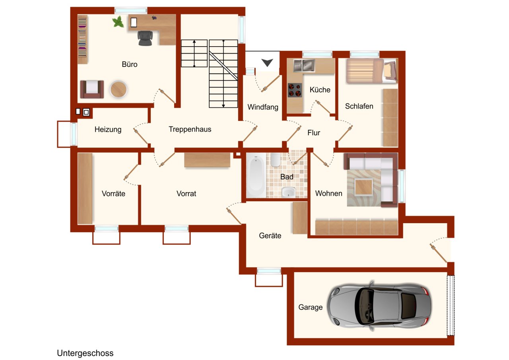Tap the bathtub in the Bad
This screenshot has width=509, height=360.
(256, 175)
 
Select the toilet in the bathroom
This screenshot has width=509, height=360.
(276, 160)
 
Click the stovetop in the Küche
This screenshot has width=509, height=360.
(295, 90)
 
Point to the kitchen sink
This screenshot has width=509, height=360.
(304, 66)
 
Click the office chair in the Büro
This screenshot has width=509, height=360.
(145, 38)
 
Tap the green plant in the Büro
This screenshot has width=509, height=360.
(118, 22)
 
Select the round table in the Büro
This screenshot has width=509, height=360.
(119, 90)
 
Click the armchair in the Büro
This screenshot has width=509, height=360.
(92, 90)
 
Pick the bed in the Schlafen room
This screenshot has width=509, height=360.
(372, 71)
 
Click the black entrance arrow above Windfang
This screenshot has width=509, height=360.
(267, 62)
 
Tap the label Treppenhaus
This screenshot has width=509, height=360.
(190, 129)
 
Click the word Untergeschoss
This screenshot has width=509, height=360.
(85, 353)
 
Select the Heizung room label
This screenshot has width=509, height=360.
(108, 129)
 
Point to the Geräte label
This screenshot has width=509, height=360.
(270, 235)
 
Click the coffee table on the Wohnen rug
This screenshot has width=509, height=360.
(363, 187)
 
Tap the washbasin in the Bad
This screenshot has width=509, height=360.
(288, 192)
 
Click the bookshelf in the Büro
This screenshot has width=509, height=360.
(83, 39)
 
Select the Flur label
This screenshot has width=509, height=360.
(314, 132)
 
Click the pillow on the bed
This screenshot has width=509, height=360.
(390, 70)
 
